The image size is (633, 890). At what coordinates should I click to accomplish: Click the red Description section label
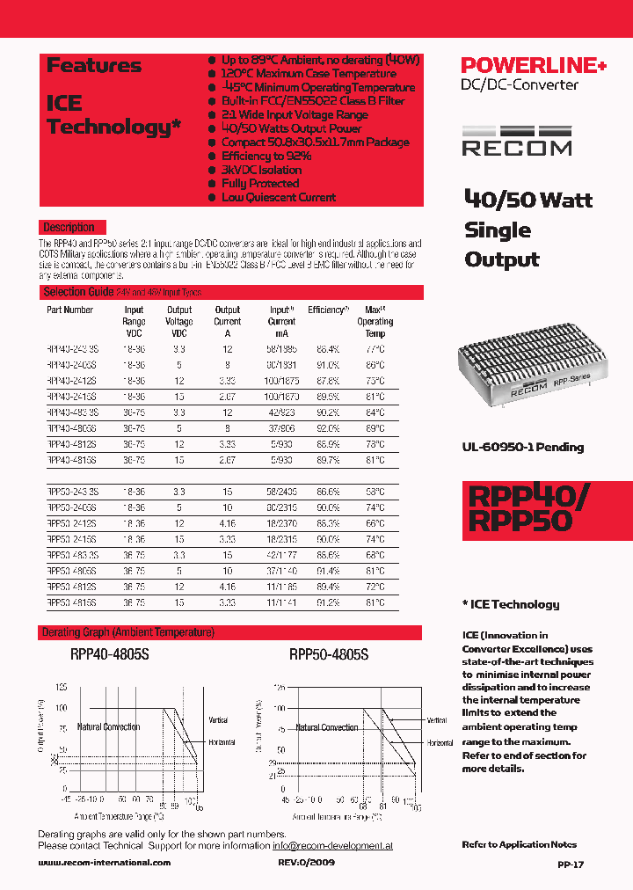pos(69,227)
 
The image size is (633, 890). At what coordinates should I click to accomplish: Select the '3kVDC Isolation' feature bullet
pos(261,170)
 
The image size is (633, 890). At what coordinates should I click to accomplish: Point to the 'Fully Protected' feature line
pos(260,184)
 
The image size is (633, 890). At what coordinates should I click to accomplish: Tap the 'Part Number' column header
pos(69,310)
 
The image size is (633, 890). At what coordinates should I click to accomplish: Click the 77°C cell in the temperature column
pos(375,349)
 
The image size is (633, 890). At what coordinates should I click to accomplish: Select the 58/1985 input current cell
pos(282,349)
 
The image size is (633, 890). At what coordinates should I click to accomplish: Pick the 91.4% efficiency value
pos(328,571)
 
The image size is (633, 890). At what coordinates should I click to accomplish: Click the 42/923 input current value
pos(282,412)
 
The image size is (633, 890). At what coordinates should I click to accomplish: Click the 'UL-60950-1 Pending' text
pos(522,447)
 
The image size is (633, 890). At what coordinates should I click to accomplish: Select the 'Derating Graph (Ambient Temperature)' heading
pos(128,632)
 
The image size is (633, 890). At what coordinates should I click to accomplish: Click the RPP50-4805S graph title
pos(328,655)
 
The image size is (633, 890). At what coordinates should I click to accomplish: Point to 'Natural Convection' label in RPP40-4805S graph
pos(108,727)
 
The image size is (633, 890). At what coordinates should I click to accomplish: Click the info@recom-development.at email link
pos(332,845)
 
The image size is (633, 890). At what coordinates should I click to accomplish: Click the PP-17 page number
pos(571,864)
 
